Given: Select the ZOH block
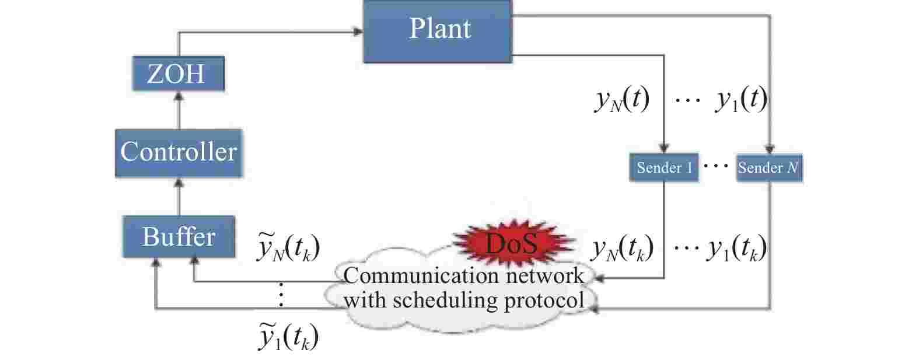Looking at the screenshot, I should pos(178,74).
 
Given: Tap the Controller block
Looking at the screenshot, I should pos(179,152).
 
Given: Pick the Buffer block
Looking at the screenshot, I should pos(179,237).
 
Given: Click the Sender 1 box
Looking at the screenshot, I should pos(664,168).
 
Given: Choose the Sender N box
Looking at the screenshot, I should pos(769,168).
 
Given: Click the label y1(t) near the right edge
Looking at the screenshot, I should pos(741,100).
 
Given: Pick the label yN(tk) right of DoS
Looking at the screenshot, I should pos(622,249).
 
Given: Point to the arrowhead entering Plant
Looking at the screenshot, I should pos(358,32).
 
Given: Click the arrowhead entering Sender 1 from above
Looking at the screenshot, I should pos(664,149).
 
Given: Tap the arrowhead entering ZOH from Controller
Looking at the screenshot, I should pos(179,96).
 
